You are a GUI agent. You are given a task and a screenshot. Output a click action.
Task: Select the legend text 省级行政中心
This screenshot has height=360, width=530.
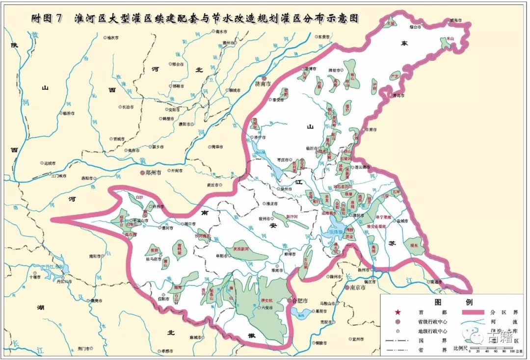click(432, 321)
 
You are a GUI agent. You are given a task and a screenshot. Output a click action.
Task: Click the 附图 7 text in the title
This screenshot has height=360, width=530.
click(47, 19)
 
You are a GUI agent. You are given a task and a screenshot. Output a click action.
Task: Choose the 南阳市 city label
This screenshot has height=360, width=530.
click(95, 256)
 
